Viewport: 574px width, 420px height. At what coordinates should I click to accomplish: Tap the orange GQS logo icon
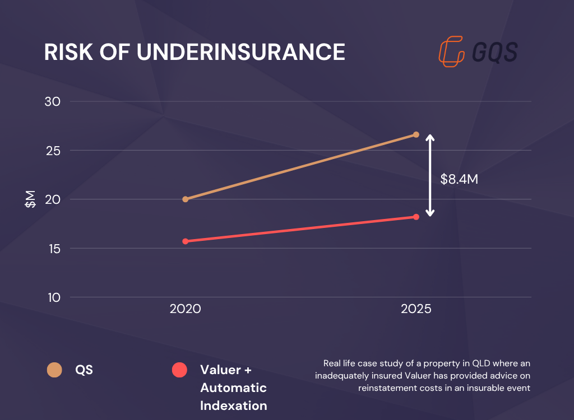(452, 52)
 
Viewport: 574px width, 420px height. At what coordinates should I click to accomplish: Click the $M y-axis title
(30, 199)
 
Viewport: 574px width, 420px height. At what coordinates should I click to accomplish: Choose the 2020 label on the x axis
(185, 309)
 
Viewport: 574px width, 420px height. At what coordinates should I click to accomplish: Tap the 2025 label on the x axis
(416, 309)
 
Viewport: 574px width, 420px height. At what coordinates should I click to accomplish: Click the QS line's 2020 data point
(186, 199)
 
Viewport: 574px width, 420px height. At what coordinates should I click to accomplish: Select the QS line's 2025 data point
(416, 134)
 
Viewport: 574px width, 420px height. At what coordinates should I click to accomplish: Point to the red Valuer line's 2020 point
(186, 241)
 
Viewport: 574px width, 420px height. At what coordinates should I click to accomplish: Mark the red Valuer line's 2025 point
(416, 217)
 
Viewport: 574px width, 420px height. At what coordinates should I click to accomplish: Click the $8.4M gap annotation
(459, 179)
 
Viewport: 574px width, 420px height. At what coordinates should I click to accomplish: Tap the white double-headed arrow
(430, 175)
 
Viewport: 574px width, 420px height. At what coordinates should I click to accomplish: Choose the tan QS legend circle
(55, 370)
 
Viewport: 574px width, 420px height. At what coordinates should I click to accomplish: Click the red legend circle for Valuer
(179, 370)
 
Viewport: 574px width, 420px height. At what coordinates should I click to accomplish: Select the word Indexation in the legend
(233, 405)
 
